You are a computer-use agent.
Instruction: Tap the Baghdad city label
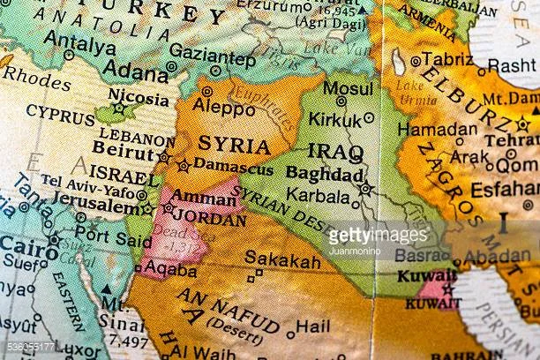pos(325,176)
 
